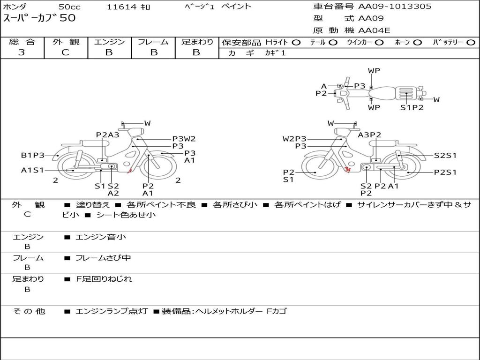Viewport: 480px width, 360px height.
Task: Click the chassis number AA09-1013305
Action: [395, 6]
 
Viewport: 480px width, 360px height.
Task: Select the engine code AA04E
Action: [374, 30]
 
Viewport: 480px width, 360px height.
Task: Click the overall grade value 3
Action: [22, 52]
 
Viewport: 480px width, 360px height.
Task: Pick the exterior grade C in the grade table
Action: [65, 52]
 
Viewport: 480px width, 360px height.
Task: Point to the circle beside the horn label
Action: [417, 43]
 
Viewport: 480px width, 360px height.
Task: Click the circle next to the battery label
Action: [471, 43]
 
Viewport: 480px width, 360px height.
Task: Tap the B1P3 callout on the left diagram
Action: [32, 155]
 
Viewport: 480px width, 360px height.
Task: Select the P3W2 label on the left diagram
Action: [184, 139]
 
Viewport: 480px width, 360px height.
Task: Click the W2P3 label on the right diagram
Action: [294, 139]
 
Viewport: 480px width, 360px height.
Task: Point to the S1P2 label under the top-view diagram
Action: [412, 107]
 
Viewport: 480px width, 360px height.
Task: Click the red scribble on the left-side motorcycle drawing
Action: [129, 171]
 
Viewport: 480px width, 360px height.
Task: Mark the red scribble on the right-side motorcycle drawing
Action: [347, 169]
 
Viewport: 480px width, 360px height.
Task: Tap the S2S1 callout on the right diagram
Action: [445, 156]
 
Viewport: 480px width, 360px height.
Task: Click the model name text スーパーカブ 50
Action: [39, 18]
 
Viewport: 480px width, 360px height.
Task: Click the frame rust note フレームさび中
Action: [103, 258]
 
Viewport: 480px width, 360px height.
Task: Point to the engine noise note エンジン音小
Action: [100, 237]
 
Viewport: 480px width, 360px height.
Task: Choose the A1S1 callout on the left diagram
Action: [32, 170]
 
